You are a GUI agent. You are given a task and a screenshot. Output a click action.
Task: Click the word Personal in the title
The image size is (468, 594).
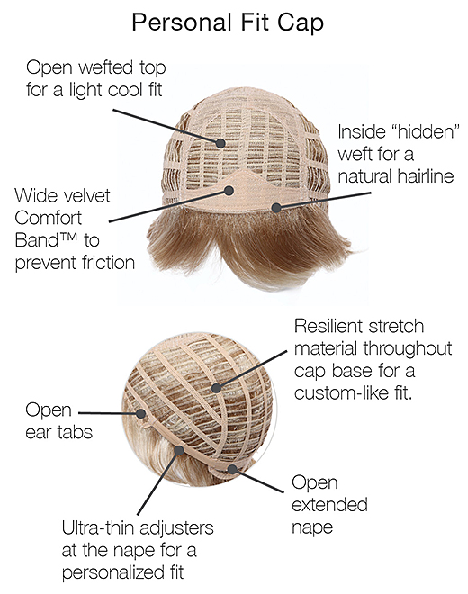(182, 22)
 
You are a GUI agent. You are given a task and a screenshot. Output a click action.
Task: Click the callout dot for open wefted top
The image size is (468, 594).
(220, 143)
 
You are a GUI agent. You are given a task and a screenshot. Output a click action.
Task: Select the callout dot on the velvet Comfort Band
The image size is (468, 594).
(229, 191)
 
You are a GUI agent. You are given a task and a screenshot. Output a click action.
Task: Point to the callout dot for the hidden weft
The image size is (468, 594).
(276, 208)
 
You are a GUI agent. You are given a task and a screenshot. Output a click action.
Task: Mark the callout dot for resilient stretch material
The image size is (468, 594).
(216, 388)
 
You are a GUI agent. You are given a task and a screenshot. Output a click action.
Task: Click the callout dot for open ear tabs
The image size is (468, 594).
(141, 413)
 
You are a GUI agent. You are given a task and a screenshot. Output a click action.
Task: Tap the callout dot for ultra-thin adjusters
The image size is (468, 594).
(179, 450)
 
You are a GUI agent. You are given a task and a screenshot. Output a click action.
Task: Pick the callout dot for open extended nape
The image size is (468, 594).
(232, 470)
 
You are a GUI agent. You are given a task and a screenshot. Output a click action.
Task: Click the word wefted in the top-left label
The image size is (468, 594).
(105, 67)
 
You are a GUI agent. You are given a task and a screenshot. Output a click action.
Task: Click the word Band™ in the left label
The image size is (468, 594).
(46, 240)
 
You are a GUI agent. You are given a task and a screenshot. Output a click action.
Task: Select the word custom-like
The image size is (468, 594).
(341, 393)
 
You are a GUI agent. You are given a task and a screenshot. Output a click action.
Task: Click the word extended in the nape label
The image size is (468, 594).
(329, 505)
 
